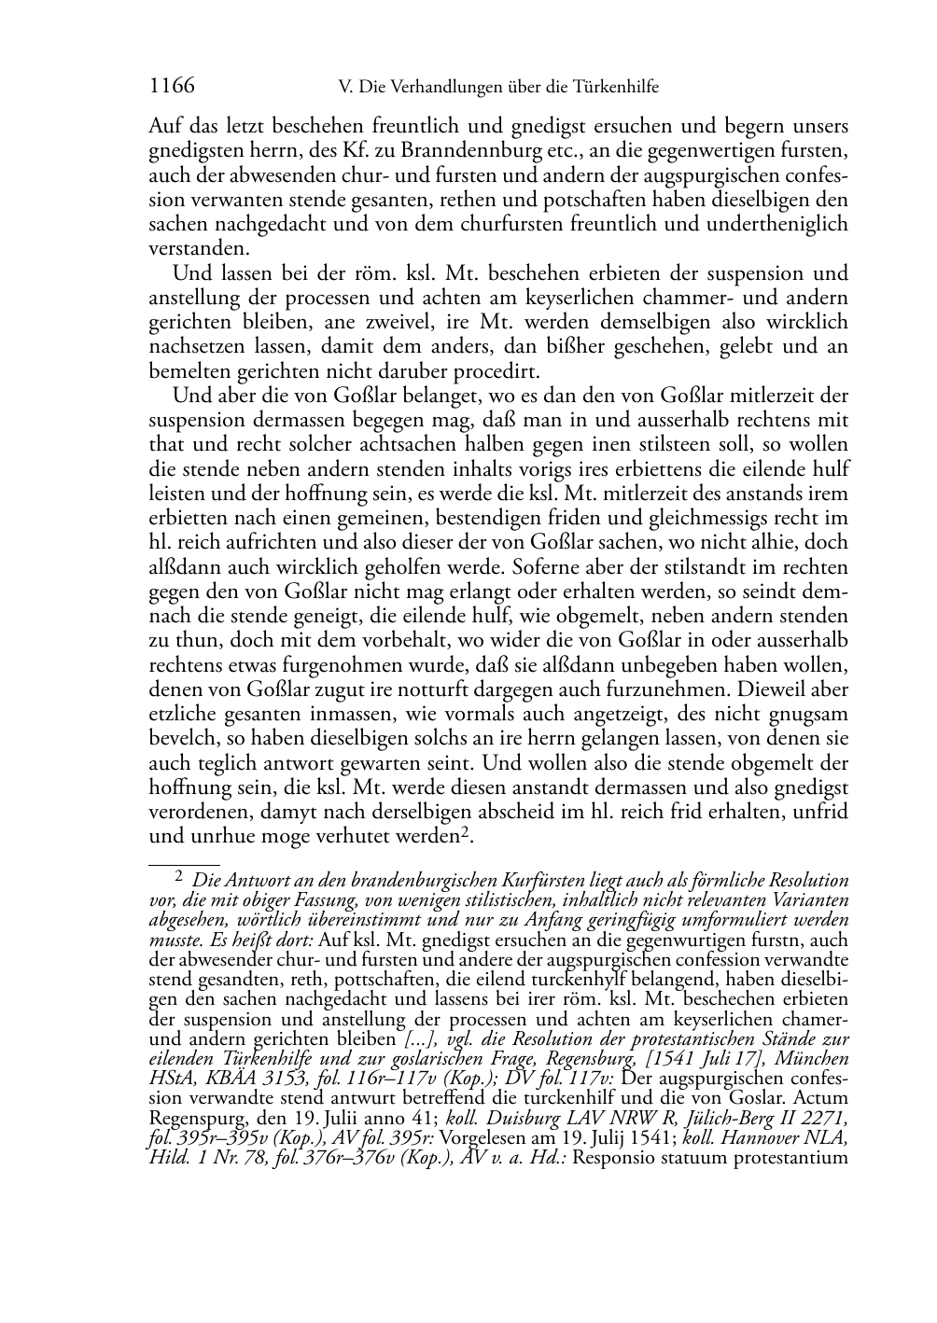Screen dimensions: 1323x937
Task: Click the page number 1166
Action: click(172, 87)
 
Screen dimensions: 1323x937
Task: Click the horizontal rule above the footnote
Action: click(184, 865)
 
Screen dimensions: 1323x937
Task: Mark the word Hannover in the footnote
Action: click(771, 1138)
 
